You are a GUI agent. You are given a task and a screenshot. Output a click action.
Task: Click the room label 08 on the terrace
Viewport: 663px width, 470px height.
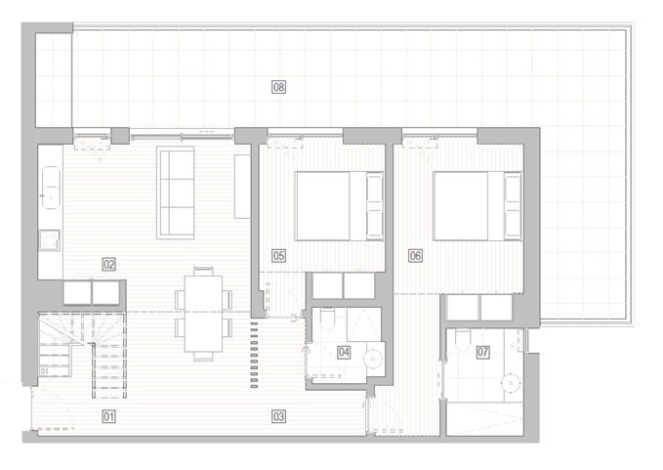[x=278, y=87]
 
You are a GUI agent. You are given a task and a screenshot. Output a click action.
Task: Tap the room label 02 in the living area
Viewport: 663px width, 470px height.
[x=109, y=265]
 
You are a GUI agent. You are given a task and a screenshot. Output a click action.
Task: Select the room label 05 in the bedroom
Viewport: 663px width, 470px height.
[x=278, y=255]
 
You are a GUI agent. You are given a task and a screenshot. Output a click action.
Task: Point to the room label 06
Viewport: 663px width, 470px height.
[x=415, y=255]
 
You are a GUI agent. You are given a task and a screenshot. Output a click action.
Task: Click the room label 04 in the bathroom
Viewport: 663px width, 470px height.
[x=344, y=352]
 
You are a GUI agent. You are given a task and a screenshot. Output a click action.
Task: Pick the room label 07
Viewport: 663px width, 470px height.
[x=483, y=352]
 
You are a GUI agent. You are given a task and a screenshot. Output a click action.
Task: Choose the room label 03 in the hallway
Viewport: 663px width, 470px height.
[x=278, y=416]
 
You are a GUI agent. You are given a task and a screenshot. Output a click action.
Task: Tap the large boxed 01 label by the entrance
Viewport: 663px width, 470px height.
[x=109, y=416]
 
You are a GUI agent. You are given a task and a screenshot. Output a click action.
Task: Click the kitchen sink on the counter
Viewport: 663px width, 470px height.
[x=51, y=188]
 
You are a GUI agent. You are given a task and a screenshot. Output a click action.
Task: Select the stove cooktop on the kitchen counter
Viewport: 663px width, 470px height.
[x=50, y=239]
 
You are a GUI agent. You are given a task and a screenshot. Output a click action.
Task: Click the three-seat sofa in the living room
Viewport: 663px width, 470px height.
[x=176, y=192]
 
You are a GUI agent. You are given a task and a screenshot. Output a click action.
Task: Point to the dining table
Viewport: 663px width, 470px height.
[x=203, y=314]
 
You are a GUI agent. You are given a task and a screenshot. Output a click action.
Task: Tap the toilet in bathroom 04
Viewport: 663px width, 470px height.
[x=328, y=320]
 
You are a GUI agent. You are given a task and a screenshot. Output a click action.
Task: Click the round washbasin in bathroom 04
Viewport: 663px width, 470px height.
[x=373, y=359]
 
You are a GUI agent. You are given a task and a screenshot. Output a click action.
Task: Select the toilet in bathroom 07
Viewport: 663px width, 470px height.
[x=463, y=340]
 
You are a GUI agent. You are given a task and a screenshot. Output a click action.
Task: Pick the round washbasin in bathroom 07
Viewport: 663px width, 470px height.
[x=511, y=383]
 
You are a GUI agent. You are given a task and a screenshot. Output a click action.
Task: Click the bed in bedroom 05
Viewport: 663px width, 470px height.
[x=340, y=206]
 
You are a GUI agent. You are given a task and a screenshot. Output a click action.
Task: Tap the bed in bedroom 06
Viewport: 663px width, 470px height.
[x=477, y=206]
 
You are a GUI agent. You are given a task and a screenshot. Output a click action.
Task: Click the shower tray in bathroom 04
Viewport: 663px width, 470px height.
[x=364, y=324]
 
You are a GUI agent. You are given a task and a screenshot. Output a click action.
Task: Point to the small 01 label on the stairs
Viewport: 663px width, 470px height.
[x=44, y=371]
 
